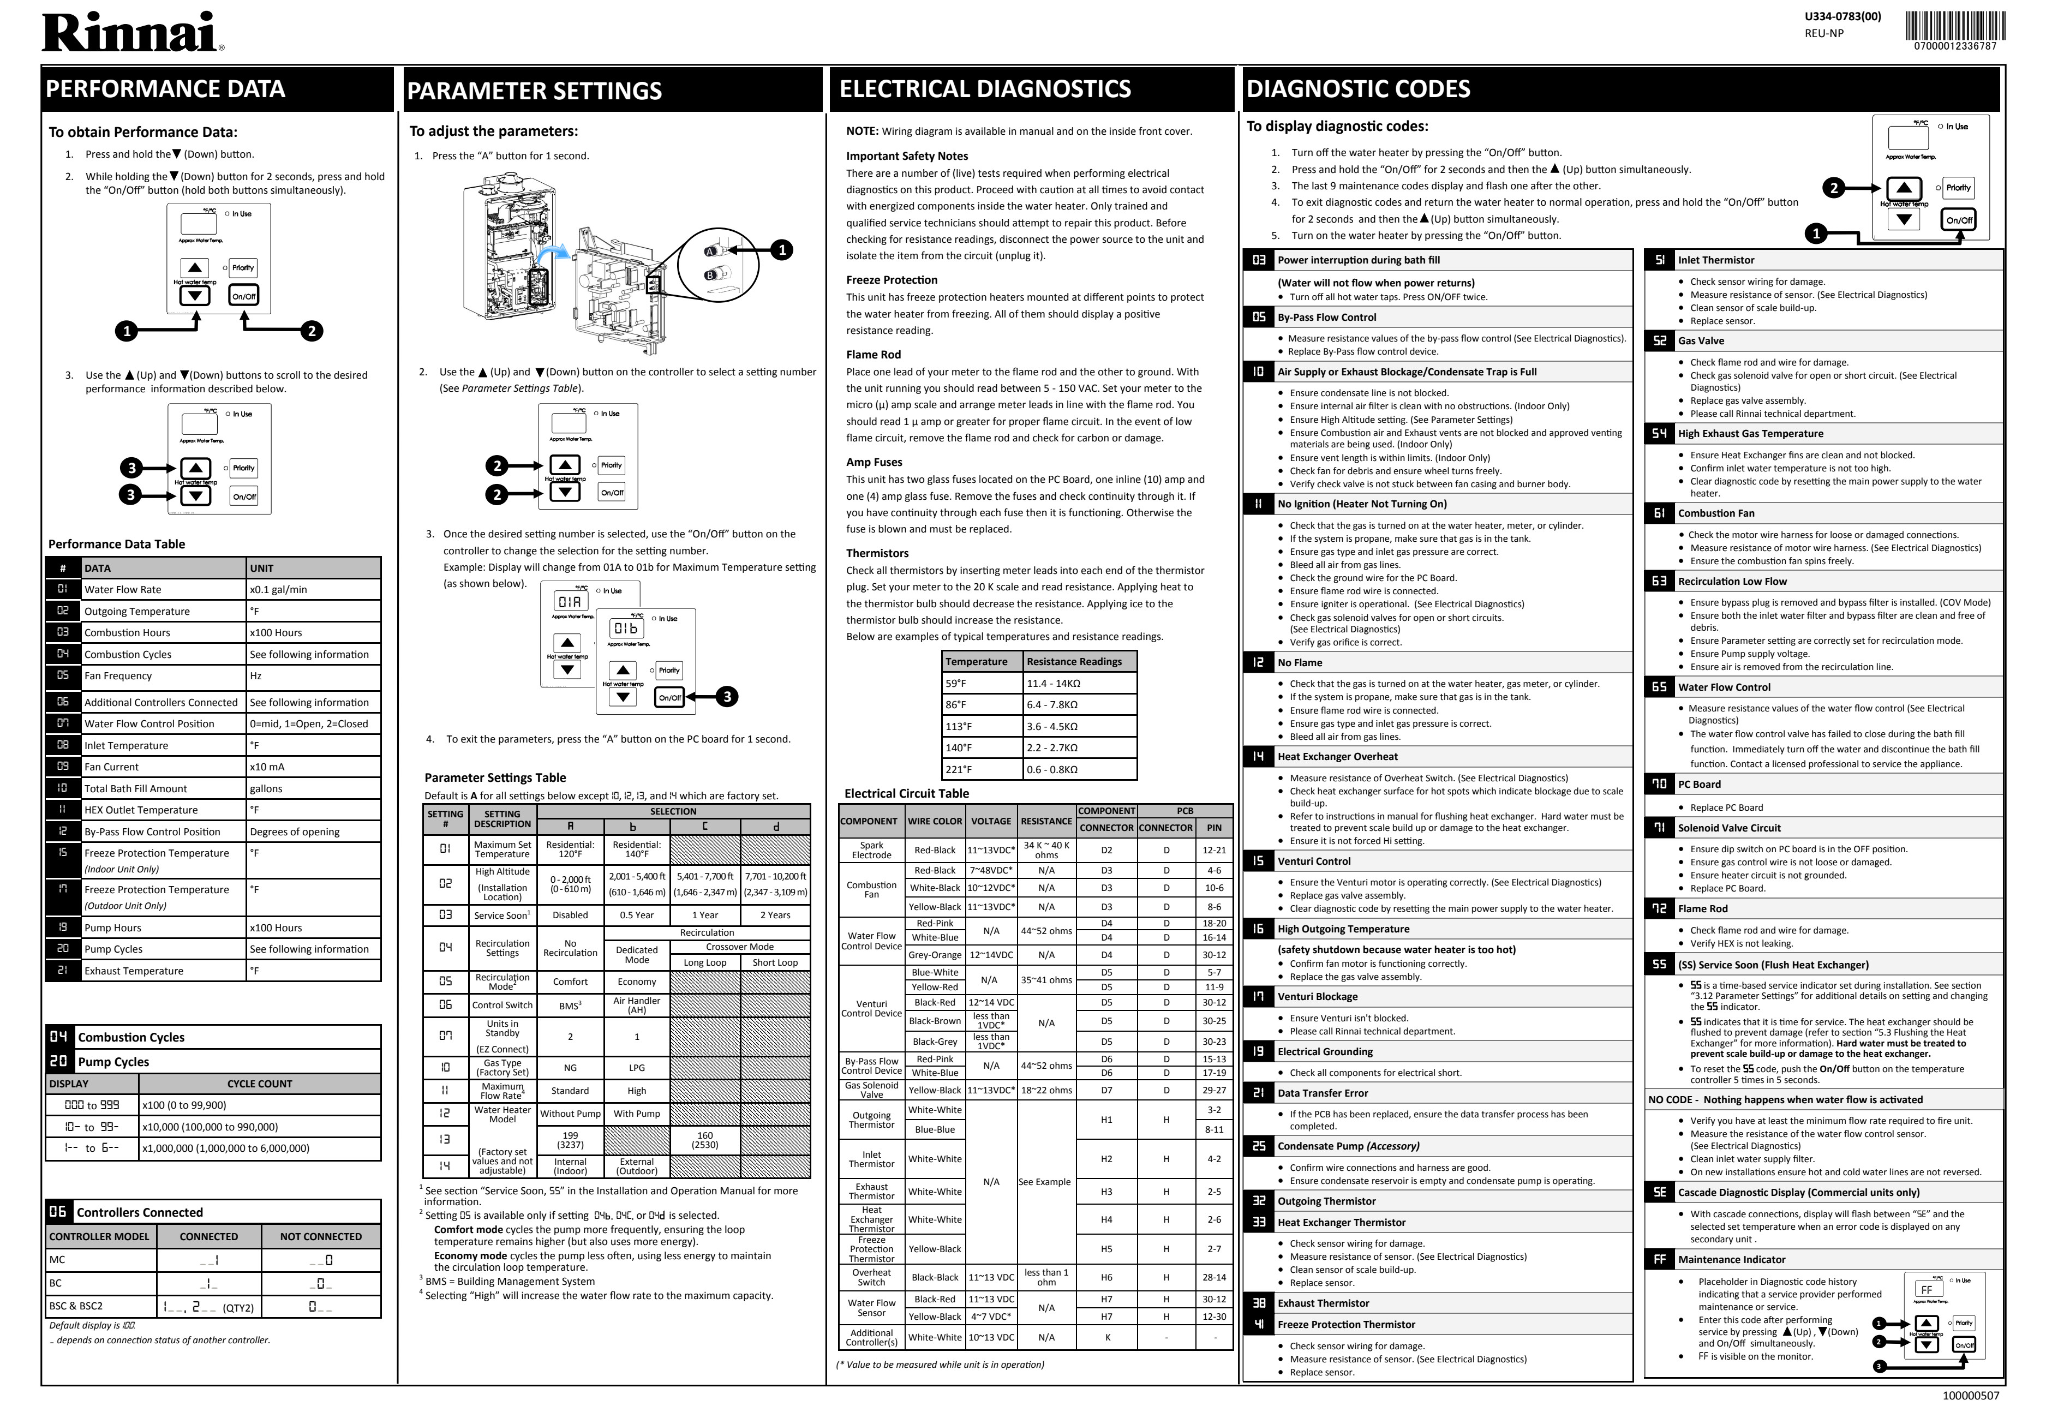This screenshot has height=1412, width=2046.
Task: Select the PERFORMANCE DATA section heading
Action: [165, 88]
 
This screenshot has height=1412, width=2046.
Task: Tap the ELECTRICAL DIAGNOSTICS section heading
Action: [984, 88]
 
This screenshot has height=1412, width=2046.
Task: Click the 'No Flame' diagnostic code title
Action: [1300, 663]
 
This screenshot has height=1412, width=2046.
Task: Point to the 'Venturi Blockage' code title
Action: [1317, 996]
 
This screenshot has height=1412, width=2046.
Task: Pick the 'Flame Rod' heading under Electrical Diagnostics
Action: [873, 355]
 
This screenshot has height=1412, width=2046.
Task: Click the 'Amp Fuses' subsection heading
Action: [874, 462]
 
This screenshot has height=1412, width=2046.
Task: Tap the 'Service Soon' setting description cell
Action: [501, 915]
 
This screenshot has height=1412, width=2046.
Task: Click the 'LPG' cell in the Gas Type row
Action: [636, 1068]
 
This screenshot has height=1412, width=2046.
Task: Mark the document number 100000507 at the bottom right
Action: [1970, 1396]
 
